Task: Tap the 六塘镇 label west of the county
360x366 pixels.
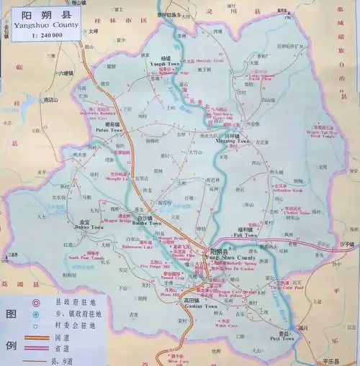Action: (x=64, y=73)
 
